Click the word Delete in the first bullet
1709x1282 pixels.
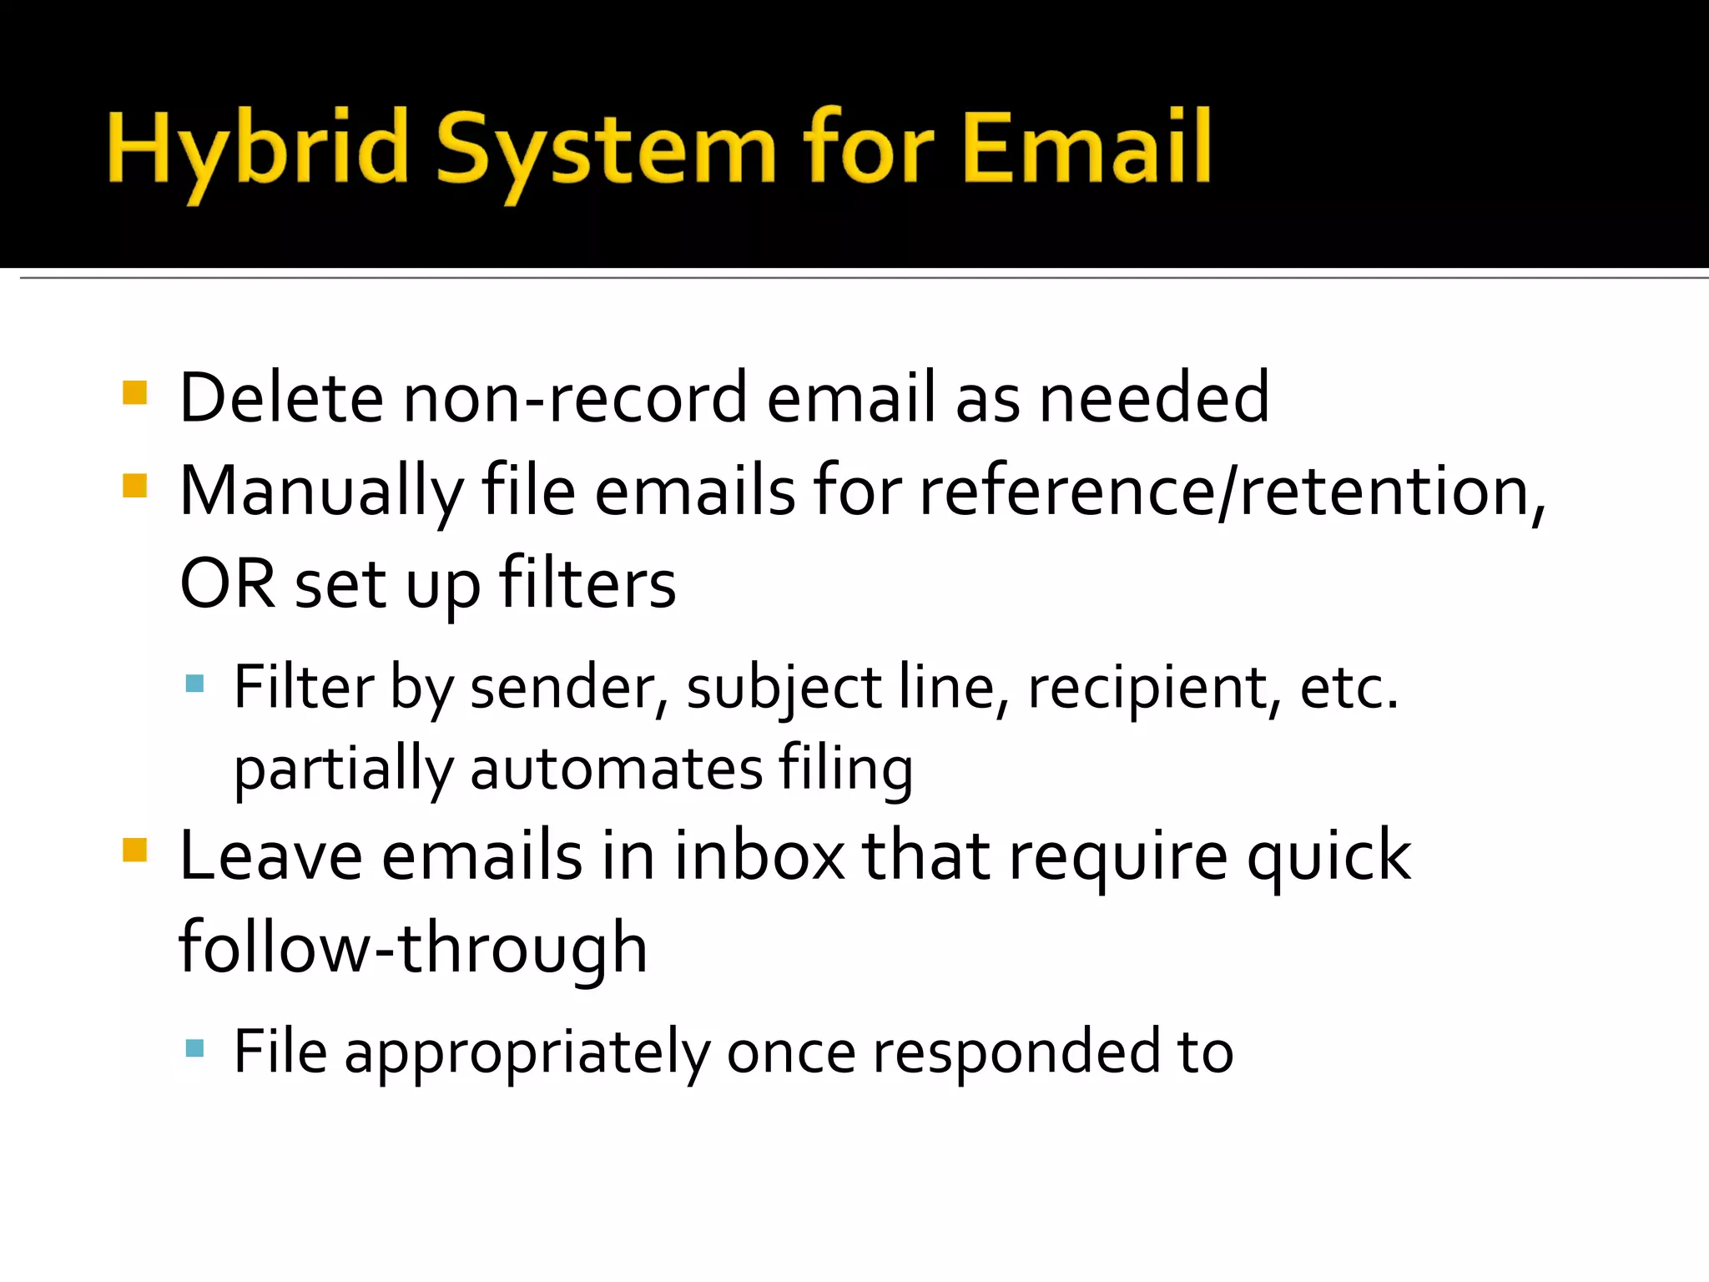coord(281,398)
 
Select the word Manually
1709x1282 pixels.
coord(321,492)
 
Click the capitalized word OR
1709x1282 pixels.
coord(227,583)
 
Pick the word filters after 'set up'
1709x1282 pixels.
coord(587,583)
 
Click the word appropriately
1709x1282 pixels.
coord(527,1052)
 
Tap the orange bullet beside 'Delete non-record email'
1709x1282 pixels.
coord(134,392)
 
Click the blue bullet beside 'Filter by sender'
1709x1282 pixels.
coord(195,684)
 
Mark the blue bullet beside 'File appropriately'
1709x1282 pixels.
coord(195,1048)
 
